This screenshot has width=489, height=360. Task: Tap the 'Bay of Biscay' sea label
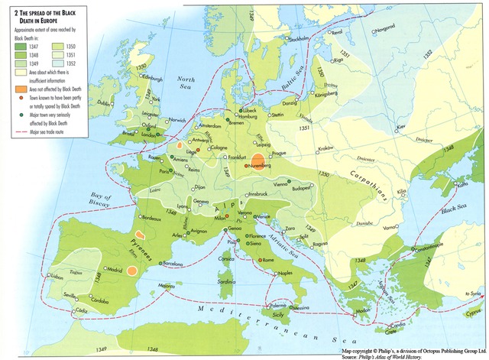(101, 200)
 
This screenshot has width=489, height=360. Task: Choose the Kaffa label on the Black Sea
(462, 184)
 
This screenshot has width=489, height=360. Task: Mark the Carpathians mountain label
(377, 182)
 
